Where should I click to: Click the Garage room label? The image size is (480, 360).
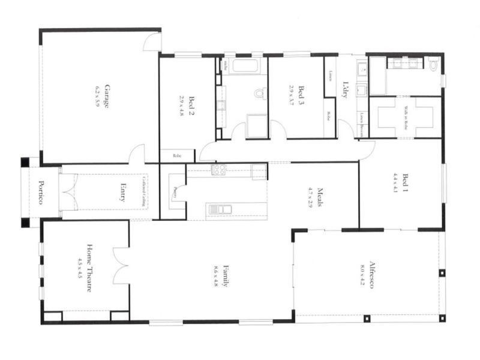(x=107, y=97)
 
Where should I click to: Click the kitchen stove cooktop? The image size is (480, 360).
(x=219, y=170)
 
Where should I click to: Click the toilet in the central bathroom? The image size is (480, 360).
(x=259, y=93)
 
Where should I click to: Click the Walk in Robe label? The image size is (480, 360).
(x=406, y=117)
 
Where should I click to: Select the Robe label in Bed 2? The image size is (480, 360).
(x=176, y=155)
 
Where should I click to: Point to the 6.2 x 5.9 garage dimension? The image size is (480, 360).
(x=98, y=97)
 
